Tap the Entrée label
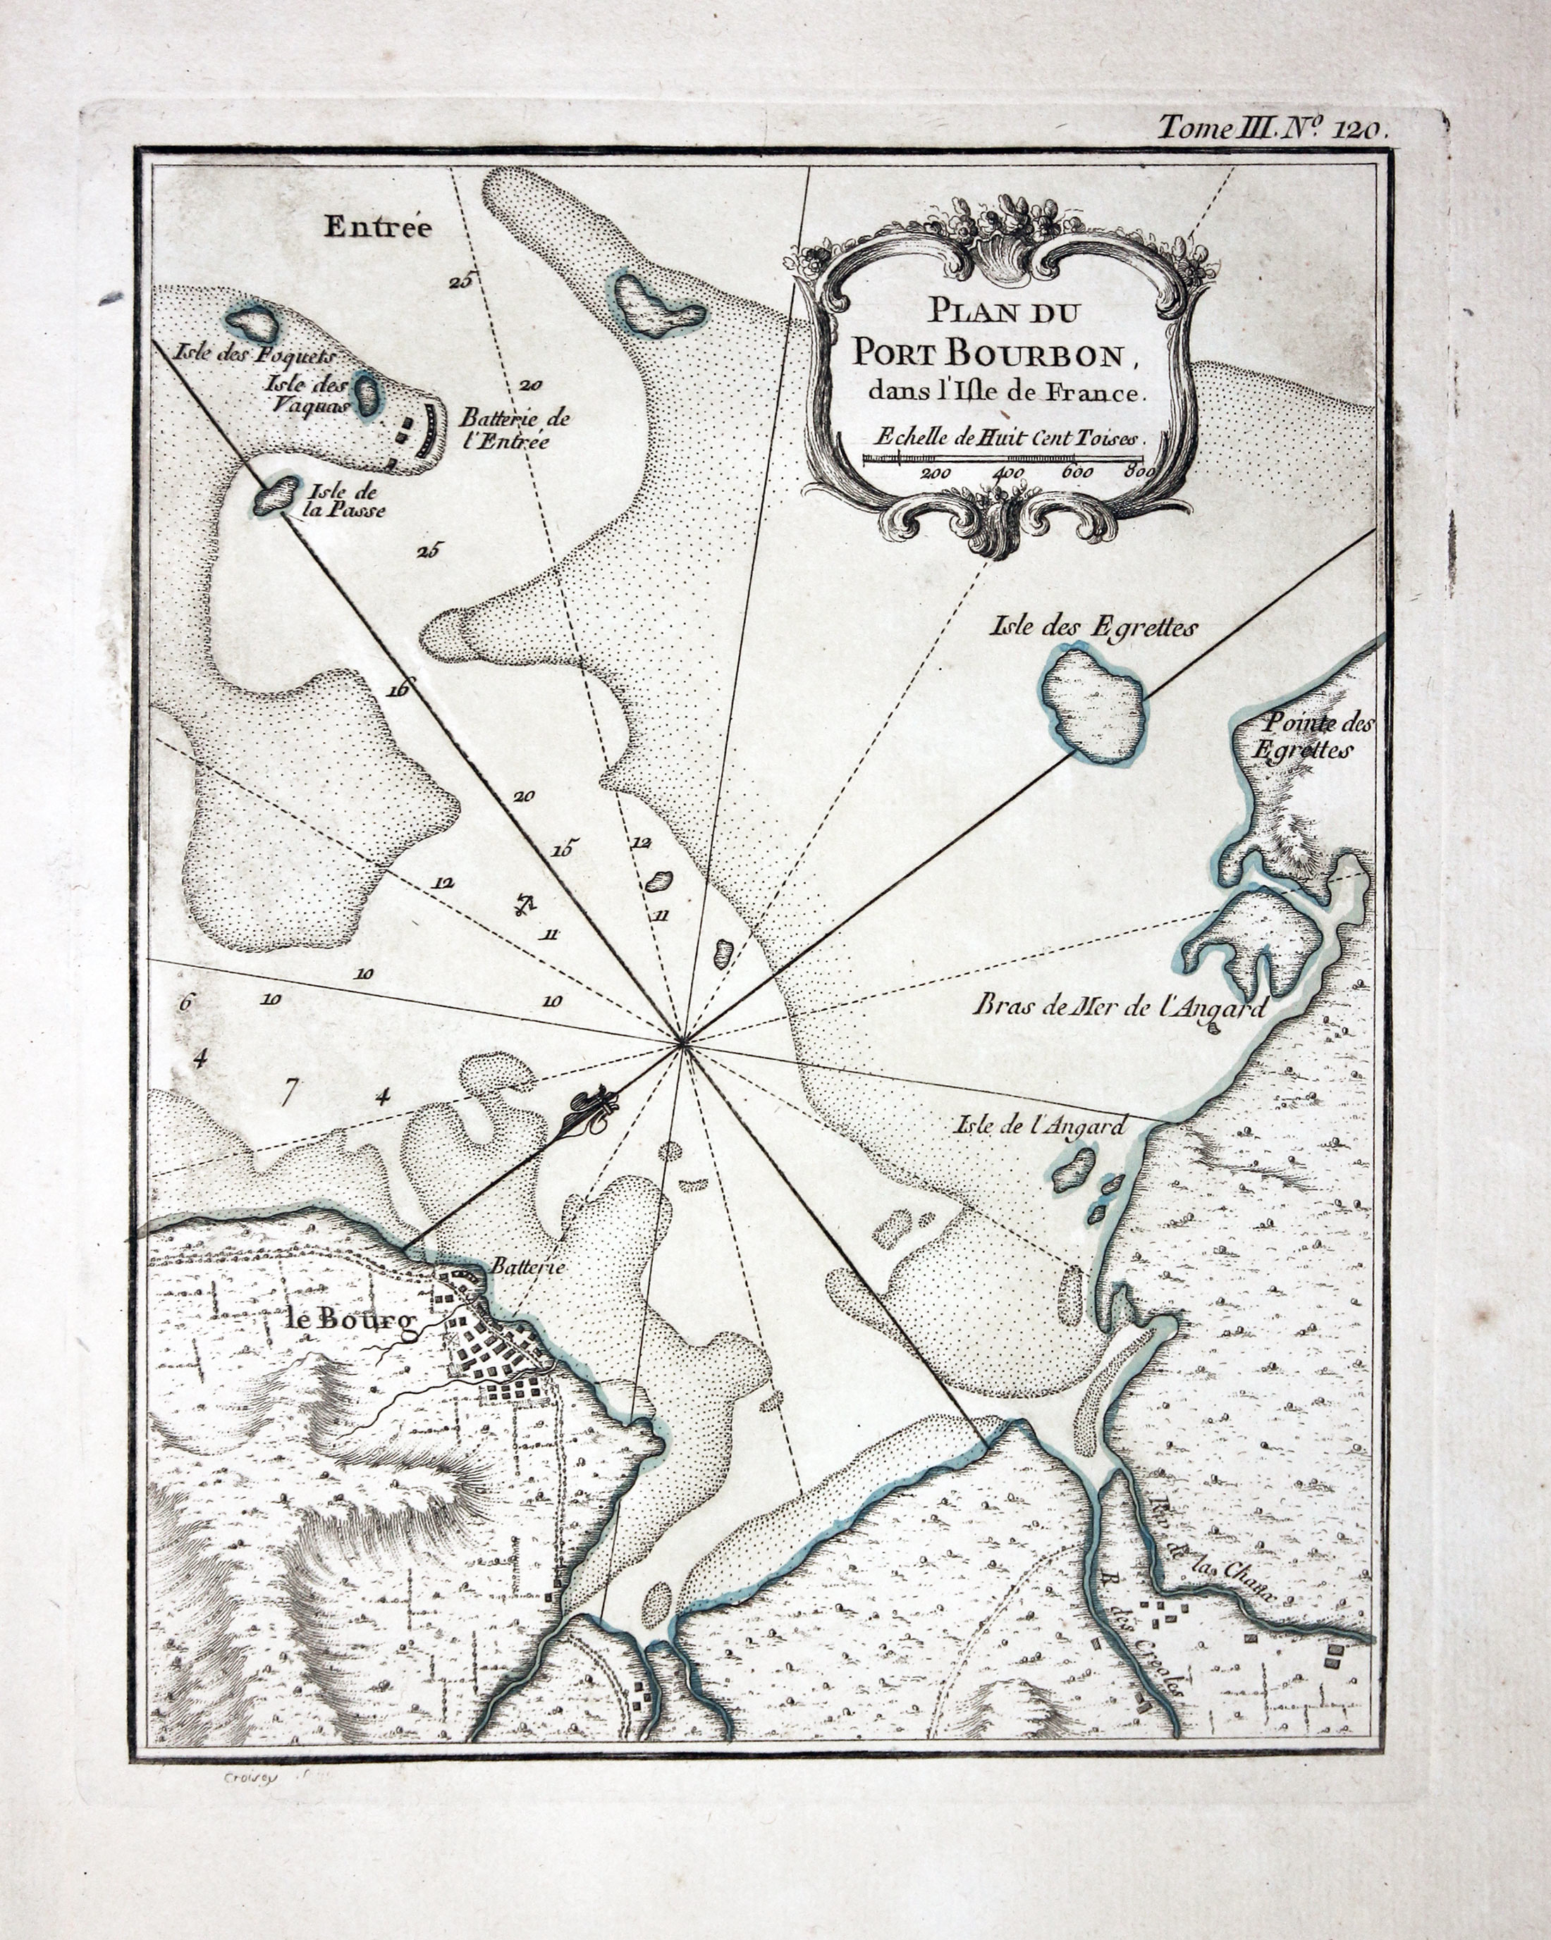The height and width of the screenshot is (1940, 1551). pos(378,228)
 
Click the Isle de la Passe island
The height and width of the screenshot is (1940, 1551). pos(276,495)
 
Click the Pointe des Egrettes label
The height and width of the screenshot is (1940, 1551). pos(1314,735)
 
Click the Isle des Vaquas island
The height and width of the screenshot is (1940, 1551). pos(367,394)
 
